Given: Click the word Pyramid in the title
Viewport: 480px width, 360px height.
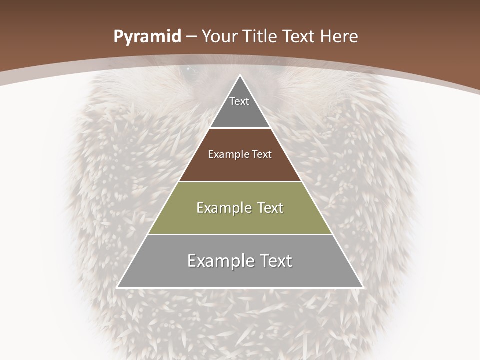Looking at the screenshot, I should (x=147, y=37).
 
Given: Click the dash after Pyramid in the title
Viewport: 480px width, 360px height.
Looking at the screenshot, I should (x=191, y=37).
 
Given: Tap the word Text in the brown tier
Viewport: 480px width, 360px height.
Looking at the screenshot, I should (x=262, y=154).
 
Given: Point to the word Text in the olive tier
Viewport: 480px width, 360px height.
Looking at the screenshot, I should (x=268, y=208).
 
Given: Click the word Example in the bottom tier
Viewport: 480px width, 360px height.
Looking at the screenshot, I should (x=217, y=261).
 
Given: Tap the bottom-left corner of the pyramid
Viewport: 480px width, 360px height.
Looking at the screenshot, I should (x=117, y=287).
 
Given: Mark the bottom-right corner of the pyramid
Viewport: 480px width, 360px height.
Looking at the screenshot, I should (x=363, y=287).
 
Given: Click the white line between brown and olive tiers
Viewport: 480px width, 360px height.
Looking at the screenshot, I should (x=240, y=181).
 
